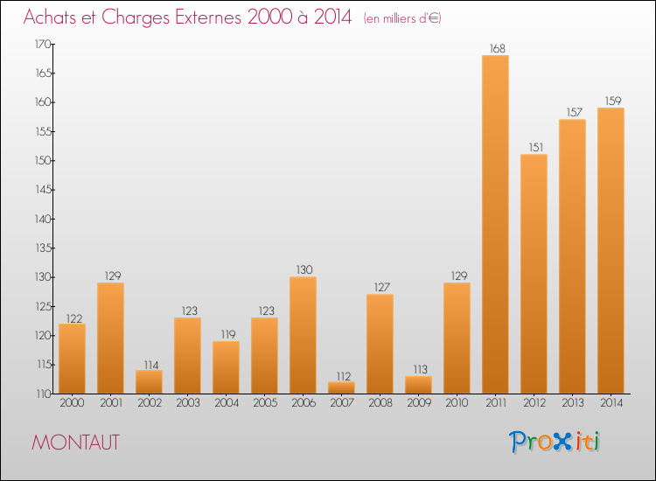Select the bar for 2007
pyautogui.click(x=341, y=387)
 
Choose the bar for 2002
pyautogui.click(x=149, y=381)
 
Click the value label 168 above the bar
pyautogui.click(x=495, y=49)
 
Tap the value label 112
pyautogui.click(x=341, y=375)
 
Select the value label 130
pyautogui.click(x=303, y=270)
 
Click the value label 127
pyautogui.click(x=380, y=288)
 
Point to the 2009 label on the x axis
pyautogui.click(x=418, y=403)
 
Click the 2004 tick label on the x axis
pyautogui.click(x=226, y=403)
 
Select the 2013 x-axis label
pyautogui.click(x=572, y=403)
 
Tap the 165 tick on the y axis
pyautogui.click(x=41, y=73)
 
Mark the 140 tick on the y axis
pyautogui.click(x=41, y=219)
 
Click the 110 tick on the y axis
pyautogui.click(x=41, y=394)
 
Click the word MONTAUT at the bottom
pyautogui.click(x=75, y=443)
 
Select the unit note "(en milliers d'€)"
pyautogui.click(x=401, y=18)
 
